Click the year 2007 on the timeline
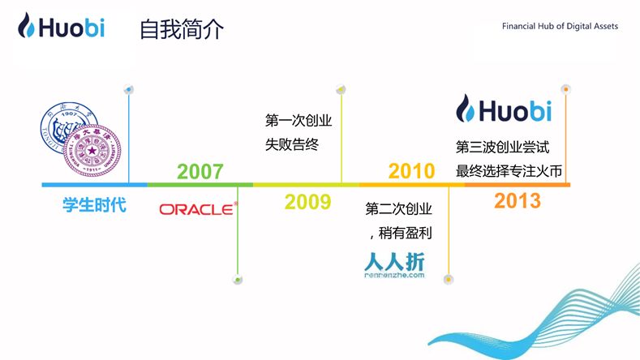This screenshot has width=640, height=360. tap(200, 171)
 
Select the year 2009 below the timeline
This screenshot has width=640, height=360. tap(307, 202)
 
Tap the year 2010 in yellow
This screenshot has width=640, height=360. tap(411, 171)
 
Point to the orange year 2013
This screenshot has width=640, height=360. tap(517, 202)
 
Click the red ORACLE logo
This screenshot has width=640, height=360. tap(198, 209)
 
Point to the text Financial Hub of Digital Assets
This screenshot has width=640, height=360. tap(560, 27)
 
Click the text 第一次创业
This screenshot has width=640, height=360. tap(299, 121)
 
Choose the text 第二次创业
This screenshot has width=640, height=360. tap(399, 208)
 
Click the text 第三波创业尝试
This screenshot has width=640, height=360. tap(503, 148)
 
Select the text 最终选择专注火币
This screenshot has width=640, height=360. tap(509, 171)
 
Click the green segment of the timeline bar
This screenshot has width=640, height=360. tap(200, 185)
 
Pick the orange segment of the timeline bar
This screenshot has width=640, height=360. tap(517, 185)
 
